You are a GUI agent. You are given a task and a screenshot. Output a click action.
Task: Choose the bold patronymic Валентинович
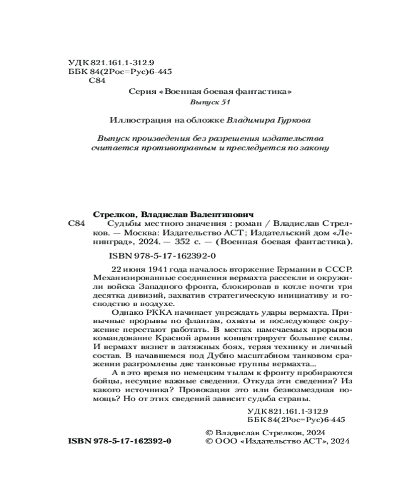tap(226, 213)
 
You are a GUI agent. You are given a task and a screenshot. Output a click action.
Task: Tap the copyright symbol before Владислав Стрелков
tap(210, 432)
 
